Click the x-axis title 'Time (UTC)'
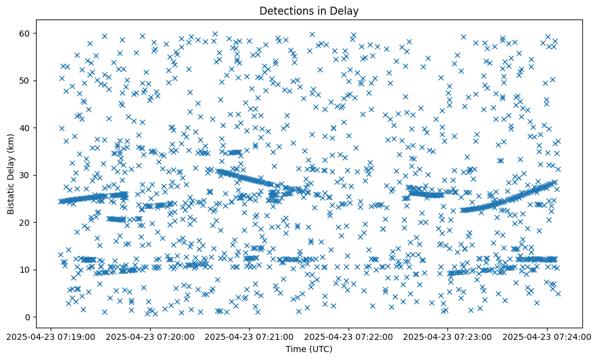309,349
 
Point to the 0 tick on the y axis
27,317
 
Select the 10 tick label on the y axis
25,270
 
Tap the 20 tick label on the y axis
25,222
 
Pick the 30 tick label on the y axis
25,175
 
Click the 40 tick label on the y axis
25,128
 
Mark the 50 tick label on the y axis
25,81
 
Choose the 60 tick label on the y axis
25,33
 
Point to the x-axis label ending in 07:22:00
349,336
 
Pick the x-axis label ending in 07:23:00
448,336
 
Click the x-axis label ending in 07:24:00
547,336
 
